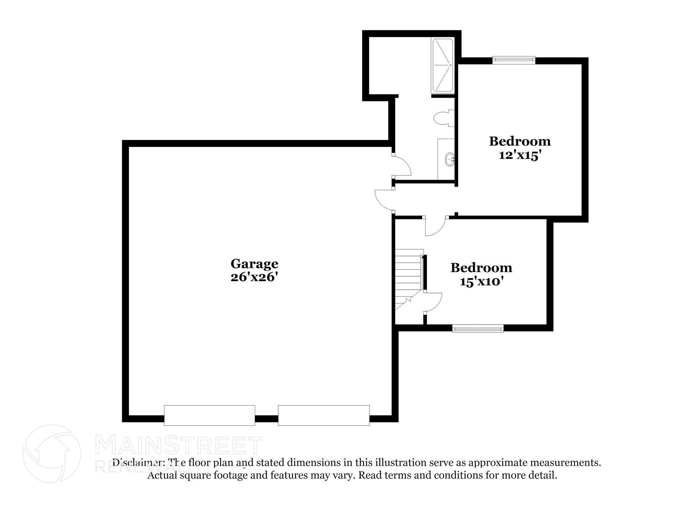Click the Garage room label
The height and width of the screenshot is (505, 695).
point(254,264)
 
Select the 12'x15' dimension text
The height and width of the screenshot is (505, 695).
point(519,155)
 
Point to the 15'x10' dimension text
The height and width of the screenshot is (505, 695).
point(481,281)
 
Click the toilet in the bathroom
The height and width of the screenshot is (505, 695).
point(443,118)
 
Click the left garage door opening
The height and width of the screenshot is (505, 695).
point(209,415)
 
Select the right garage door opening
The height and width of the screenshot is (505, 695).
point(324,415)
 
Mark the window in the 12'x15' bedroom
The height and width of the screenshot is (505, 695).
point(514,60)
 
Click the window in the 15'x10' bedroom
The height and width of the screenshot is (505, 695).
point(477,328)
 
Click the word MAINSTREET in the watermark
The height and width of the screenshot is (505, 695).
point(179,446)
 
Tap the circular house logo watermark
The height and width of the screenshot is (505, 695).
point(52,454)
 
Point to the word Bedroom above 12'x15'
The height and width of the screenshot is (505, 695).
point(519,141)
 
